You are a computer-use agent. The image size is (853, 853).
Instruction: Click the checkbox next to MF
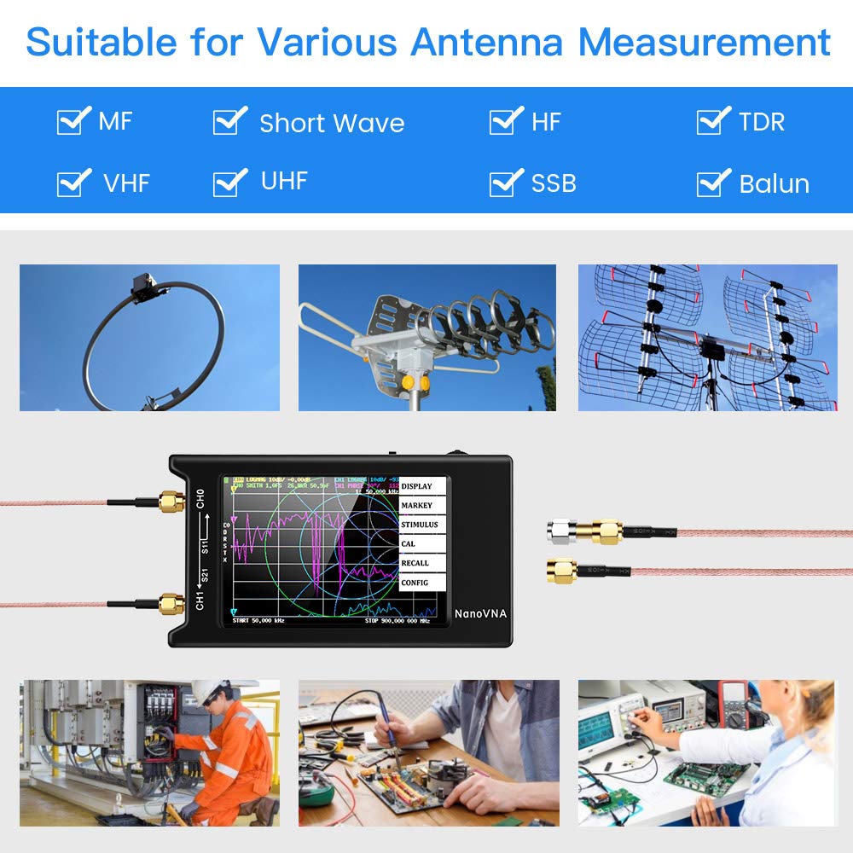[x=72, y=121]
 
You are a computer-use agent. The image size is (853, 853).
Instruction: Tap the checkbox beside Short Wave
[x=229, y=121]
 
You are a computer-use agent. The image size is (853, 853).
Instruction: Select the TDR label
[x=761, y=122]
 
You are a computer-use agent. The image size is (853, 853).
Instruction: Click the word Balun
[x=774, y=183]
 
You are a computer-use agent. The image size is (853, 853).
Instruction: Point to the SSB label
[x=553, y=183]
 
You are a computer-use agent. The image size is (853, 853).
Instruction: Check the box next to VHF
[x=72, y=183]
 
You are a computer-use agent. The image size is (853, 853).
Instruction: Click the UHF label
[x=284, y=181]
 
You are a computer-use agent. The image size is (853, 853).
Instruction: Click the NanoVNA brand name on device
[x=479, y=612]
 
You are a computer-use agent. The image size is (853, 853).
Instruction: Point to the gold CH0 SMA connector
[x=171, y=501]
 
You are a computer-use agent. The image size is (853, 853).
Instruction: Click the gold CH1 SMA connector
[x=171, y=604]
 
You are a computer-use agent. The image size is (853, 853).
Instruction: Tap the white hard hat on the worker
[x=206, y=691]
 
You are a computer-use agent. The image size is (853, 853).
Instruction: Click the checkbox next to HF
[x=505, y=121]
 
